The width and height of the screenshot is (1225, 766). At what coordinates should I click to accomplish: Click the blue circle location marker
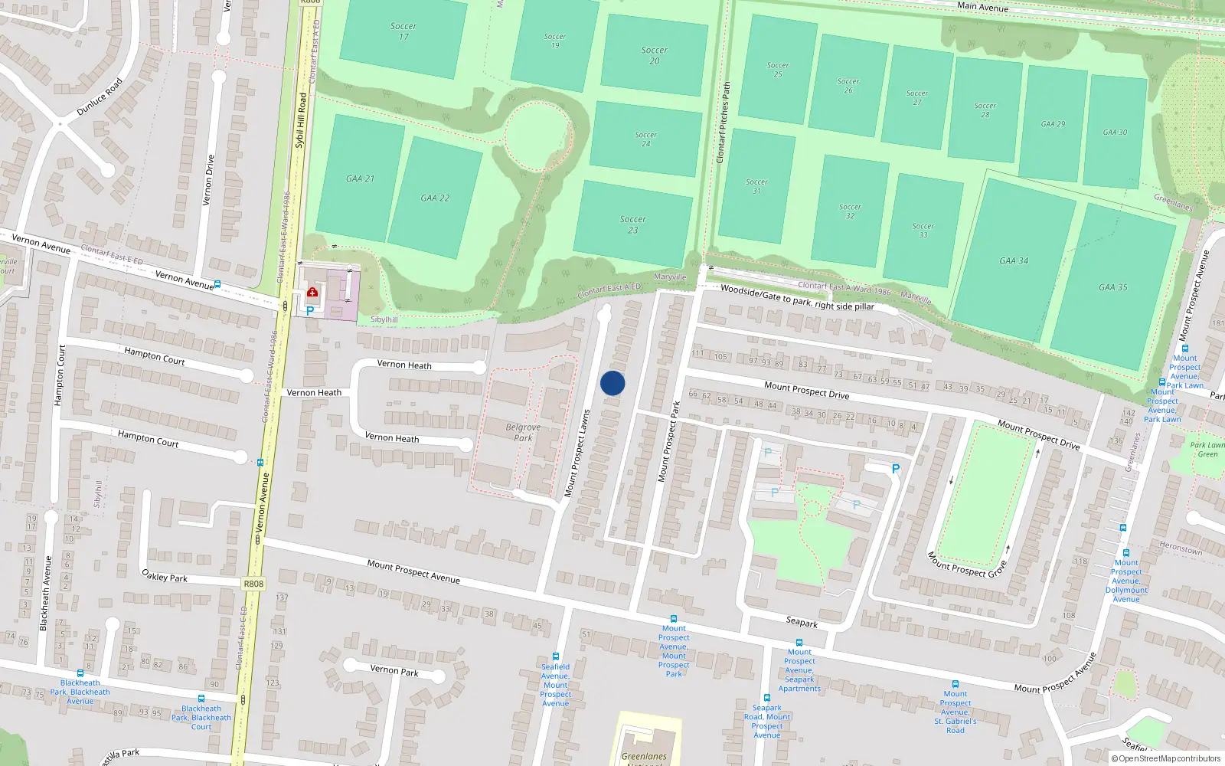[x=612, y=383]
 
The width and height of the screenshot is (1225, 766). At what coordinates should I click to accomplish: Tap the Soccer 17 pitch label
[x=403, y=31]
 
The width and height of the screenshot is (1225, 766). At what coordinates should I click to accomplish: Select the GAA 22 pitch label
[x=435, y=198]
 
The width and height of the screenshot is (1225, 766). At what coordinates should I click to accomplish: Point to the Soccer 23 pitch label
[x=633, y=224]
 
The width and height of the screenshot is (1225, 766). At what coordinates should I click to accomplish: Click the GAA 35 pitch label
[x=1112, y=287]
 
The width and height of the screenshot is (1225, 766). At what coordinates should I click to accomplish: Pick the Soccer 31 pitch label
[x=756, y=186]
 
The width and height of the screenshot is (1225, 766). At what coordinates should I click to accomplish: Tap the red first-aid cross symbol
[x=312, y=292]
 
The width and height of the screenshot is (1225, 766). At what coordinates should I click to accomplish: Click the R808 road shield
[x=253, y=584]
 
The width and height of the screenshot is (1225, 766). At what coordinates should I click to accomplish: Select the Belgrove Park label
[x=523, y=433]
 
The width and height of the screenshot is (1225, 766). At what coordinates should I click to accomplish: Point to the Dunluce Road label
[x=100, y=97]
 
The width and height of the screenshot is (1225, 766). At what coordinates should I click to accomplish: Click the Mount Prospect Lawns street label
[x=577, y=453]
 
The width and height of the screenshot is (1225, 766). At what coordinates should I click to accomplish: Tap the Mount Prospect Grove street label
[x=966, y=565]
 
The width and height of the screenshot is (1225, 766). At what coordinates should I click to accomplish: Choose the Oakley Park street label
[x=165, y=576]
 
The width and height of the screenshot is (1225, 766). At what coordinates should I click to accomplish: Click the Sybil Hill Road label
[x=301, y=120]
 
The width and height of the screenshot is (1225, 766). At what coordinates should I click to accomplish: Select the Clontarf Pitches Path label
[x=723, y=123]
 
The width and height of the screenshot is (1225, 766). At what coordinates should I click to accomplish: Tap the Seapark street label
[x=802, y=622]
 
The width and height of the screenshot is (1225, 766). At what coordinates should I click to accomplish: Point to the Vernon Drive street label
[x=208, y=181]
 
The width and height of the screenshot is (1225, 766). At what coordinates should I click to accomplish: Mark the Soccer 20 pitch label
[x=655, y=55]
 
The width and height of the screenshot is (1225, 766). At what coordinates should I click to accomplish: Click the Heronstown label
[x=1181, y=548]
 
